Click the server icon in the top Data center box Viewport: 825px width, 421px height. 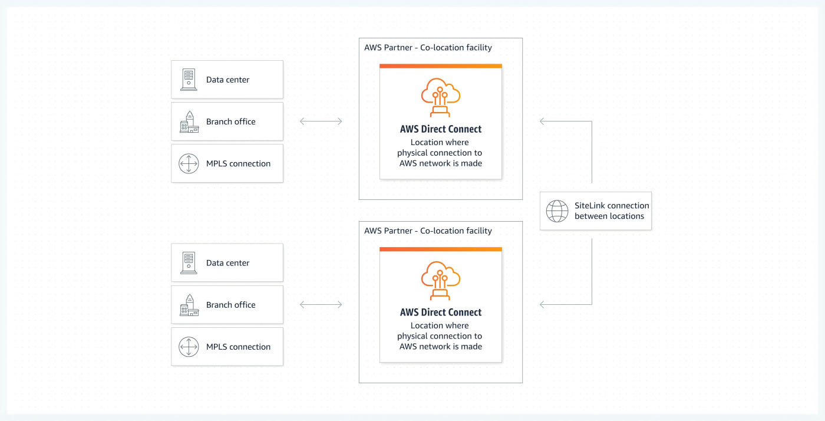[x=189, y=79]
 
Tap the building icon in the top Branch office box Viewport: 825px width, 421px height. [x=189, y=121]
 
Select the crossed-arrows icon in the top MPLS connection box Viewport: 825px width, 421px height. [x=189, y=163]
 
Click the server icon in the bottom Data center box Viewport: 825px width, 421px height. [x=189, y=262]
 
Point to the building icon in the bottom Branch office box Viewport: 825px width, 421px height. [x=189, y=305]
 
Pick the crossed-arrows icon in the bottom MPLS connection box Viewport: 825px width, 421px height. [x=189, y=347]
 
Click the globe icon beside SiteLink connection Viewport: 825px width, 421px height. [x=557, y=211]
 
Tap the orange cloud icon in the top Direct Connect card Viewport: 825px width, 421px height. [x=441, y=97]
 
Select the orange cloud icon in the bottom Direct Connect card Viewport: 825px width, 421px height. [x=441, y=281]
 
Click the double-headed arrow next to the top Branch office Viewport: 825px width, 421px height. [x=321, y=121]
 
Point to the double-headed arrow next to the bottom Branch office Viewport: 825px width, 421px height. [x=321, y=304]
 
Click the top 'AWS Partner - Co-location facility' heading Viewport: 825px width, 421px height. [x=428, y=48]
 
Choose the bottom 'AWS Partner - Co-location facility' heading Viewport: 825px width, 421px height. [x=428, y=231]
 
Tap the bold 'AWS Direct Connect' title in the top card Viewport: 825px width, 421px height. [x=441, y=129]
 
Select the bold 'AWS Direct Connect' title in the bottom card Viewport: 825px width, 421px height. [x=441, y=313]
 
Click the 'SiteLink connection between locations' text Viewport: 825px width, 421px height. [x=612, y=211]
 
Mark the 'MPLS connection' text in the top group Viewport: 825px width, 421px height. [x=238, y=163]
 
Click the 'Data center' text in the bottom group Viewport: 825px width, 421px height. [x=227, y=263]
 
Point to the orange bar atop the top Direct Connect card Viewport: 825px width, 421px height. [x=441, y=66]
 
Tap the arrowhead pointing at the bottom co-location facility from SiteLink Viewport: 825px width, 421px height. [x=542, y=304]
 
